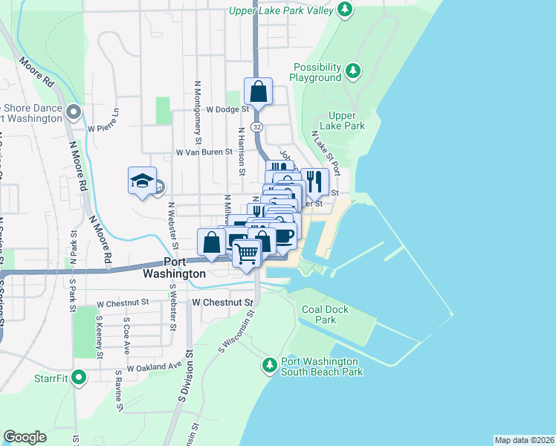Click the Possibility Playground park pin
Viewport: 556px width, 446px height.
pyautogui.click(x=353, y=72)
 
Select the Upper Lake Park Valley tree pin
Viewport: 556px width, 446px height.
pyautogui.click(x=344, y=9)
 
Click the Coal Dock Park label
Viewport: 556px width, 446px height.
pyautogui.click(x=319, y=314)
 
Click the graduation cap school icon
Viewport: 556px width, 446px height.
pyautogui.click(x=142, y=181)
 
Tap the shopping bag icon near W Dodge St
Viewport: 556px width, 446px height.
pyautogui.click(x=258, y=92)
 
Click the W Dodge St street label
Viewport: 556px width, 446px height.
pyautogui.click(x=207, y=109)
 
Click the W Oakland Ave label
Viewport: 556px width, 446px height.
pyautogui.click(x=154, y=366)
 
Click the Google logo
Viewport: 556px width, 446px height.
pyautogui.click(x=25, y=437)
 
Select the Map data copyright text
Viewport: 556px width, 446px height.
pyautogui.click(x=524, y=440)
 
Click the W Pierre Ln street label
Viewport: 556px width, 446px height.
pyautogui.click(x=103, y=127)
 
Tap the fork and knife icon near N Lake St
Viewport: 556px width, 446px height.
pyautogui.click(x=315, y=180)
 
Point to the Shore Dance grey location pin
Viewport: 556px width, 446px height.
pyautogui.click(x=74, y=112)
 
